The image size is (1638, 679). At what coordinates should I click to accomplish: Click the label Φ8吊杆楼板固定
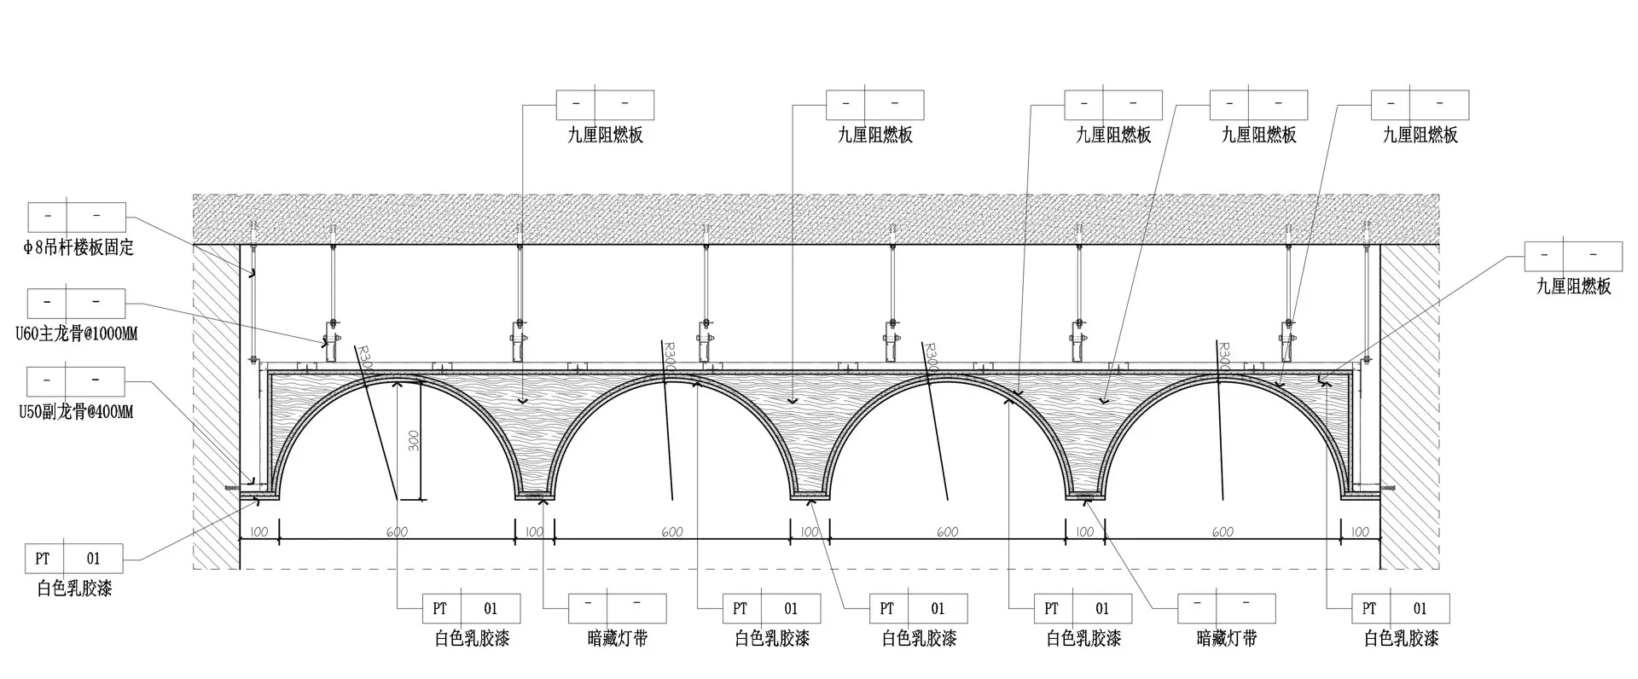point(78,248)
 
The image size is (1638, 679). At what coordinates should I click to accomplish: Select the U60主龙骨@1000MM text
point(77,334)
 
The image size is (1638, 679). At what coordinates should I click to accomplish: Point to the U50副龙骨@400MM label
point(77,413)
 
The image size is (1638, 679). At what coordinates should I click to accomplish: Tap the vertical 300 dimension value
point(414,440)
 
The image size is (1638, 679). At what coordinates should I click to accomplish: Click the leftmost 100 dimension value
point(258,532)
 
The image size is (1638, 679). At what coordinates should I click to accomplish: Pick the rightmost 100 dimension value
point(1360,532)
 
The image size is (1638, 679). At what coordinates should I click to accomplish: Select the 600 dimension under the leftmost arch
point(397,532)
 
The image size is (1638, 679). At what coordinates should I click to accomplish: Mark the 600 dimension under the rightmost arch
point(1223,532)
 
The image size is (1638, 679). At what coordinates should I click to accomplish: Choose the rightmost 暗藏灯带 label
point(1227,638)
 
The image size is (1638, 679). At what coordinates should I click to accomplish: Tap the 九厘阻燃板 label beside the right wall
point(1574,287)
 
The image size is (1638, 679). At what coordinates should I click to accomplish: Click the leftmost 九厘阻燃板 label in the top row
point(606,135)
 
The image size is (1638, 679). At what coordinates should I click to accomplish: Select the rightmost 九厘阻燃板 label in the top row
point(1420,135)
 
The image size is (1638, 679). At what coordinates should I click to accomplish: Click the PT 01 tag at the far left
point(74,559)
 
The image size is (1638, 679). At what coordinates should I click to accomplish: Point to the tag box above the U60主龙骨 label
point(77,303)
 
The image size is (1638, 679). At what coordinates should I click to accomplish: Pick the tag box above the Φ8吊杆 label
point(77,218)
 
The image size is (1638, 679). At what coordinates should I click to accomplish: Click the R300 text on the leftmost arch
point(364,357)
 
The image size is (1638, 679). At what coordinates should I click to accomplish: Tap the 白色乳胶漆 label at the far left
point(74,589)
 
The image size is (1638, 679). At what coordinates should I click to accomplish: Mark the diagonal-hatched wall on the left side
point(215,401)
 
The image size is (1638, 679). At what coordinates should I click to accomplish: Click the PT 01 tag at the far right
point(1401,608)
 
